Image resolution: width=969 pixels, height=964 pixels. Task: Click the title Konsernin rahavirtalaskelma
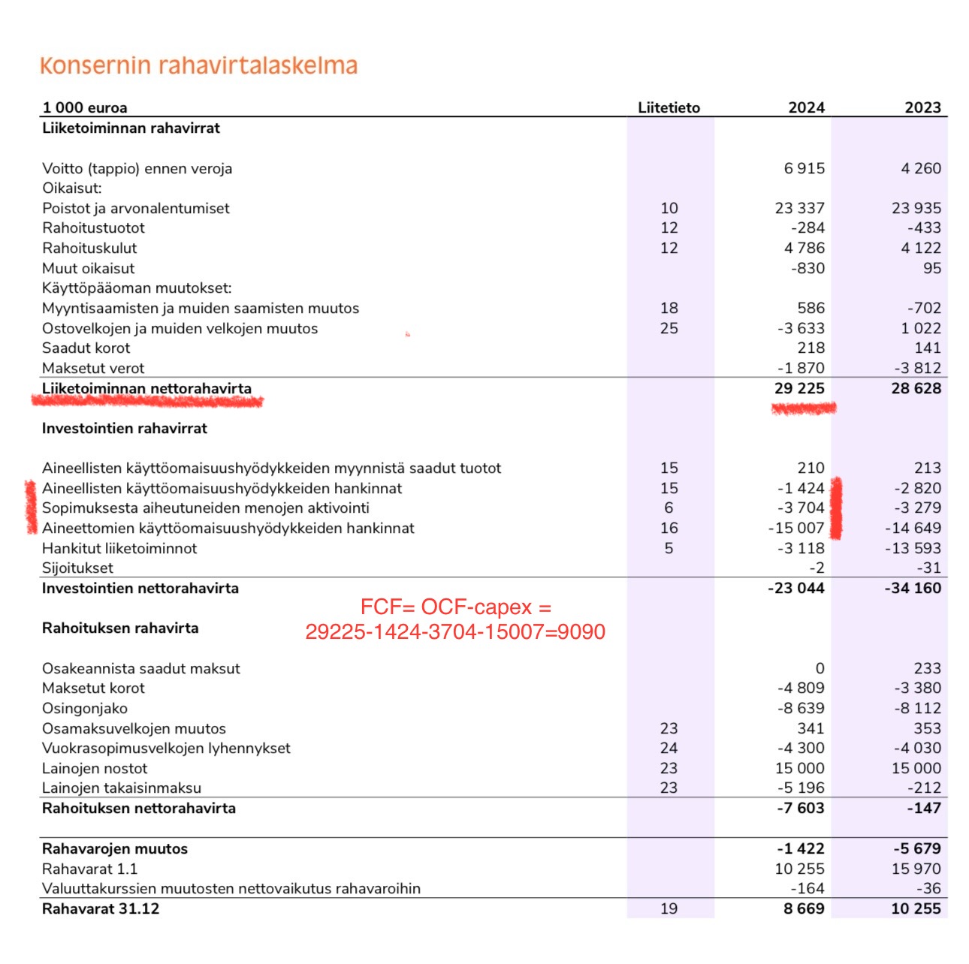point(198,66)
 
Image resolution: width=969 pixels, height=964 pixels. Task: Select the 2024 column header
point(806,107)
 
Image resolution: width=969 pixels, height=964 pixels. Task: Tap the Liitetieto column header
point(669,107)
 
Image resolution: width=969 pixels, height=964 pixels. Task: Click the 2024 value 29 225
point(799,388)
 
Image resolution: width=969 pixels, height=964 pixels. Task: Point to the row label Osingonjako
point(85,708)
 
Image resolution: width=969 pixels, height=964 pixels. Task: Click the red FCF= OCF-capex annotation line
point(455,607)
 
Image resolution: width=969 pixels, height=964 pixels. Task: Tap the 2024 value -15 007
point(796,528)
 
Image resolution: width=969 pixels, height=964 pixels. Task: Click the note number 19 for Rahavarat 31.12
point(669,908)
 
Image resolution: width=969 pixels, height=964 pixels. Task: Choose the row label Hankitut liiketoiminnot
point(119,548)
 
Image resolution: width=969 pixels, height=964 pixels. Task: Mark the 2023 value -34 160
point(913,588)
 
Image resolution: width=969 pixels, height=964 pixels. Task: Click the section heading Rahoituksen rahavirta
point(120,628)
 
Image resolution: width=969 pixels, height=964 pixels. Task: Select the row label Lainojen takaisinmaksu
point(122,788)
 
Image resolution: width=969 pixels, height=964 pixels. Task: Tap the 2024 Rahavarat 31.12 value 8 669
point(804,908)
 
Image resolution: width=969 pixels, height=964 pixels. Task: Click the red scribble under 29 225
point(804,408)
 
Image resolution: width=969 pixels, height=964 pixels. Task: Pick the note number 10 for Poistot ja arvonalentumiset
point(669,208)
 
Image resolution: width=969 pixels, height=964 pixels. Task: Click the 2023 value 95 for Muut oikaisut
point(931,268)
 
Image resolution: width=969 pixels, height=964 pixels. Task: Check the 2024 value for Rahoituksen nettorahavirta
point(801,808)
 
